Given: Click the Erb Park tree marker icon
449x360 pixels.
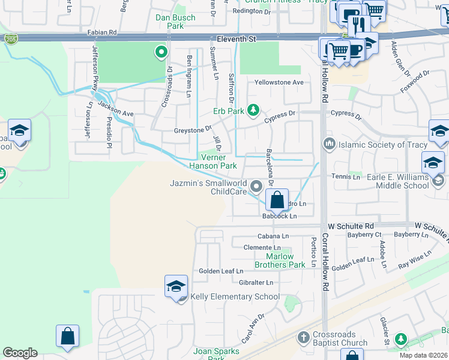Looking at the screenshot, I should coord(253,109).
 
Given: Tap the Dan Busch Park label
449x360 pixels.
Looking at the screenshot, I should coord(175,22).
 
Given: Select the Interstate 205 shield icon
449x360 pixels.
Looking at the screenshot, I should coord(11,40).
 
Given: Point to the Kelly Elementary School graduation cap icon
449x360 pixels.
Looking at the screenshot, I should coord(176,286).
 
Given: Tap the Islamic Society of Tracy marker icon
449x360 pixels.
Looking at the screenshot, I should coord(329,144).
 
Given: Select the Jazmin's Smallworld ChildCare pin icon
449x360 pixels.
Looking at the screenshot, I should coord(256,187).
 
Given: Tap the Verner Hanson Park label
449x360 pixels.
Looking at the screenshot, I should coord(213,161).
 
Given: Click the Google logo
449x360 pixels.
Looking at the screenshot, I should coord(20,353).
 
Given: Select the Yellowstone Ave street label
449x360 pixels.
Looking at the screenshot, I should coord(279,82).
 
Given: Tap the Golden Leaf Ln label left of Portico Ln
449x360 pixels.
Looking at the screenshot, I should coord(221,271).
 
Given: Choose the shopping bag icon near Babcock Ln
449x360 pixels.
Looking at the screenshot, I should coord(277,200).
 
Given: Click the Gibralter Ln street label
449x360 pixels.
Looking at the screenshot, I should coord(256,282).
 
